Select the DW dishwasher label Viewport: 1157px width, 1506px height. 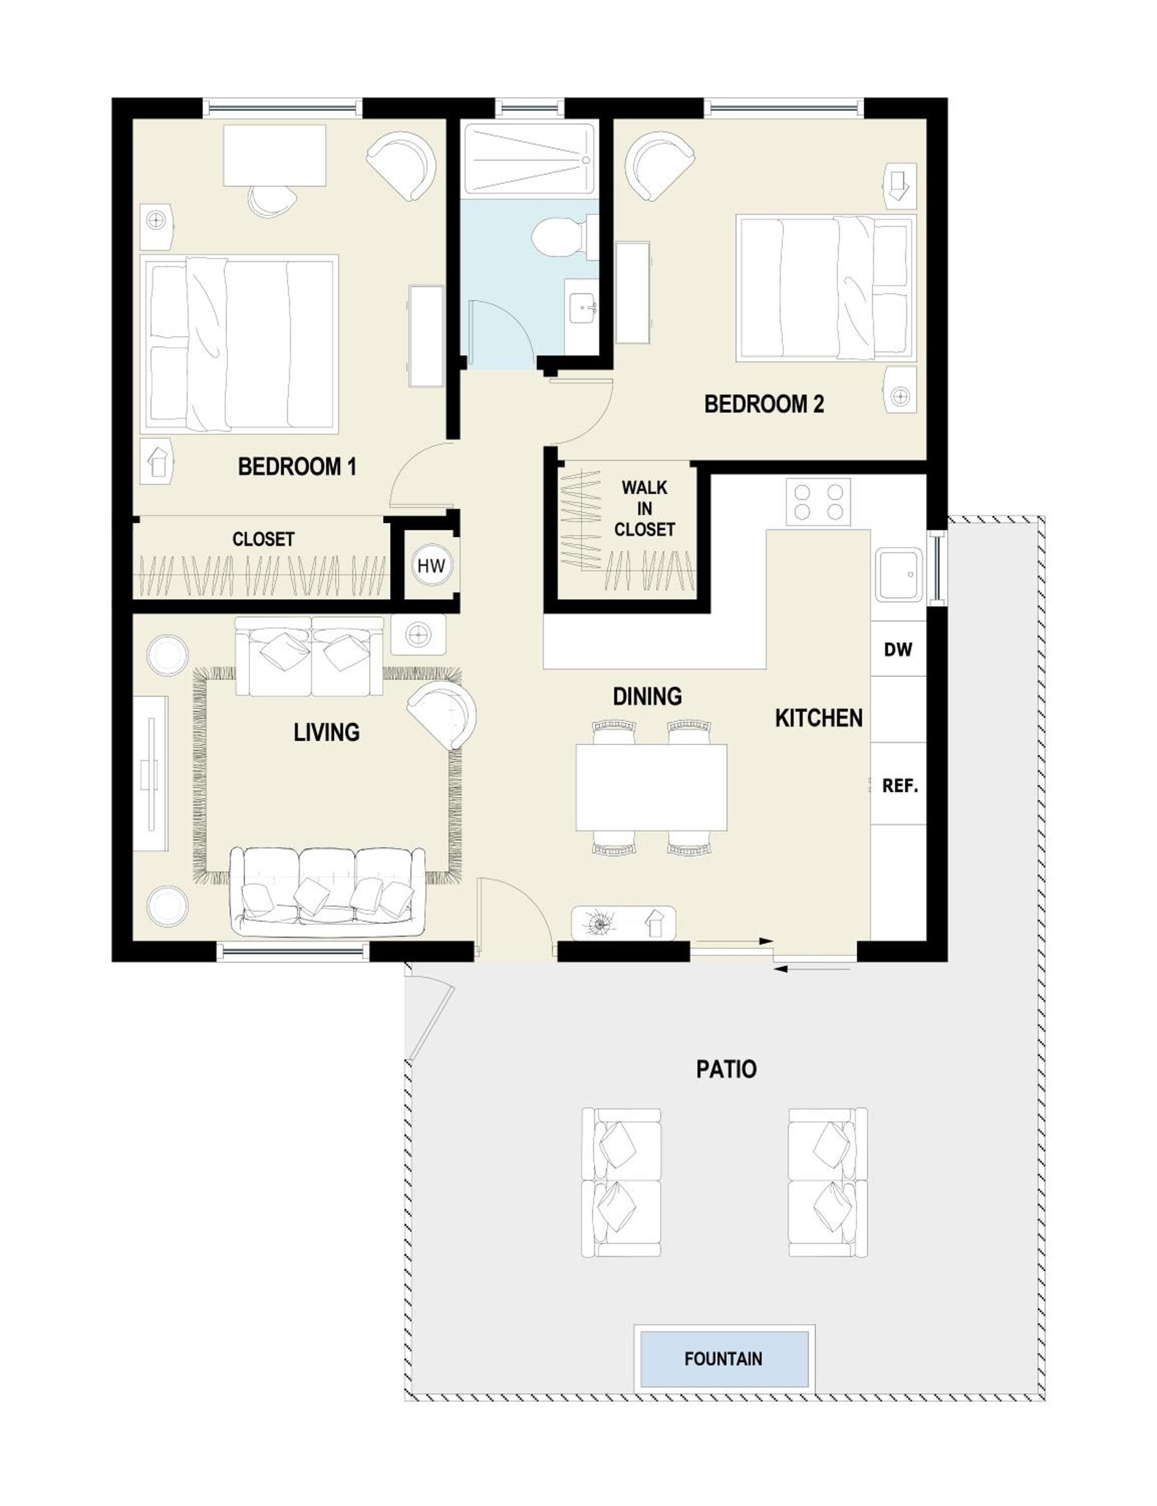click(898, 649)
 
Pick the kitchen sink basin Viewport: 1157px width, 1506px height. click(899, 575)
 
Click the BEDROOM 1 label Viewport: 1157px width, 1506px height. click(297, 466)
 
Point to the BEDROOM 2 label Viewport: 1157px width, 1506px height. click(764, 404)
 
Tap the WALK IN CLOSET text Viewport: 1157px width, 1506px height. click(645, 509)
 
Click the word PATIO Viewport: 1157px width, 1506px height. click(726, 1069)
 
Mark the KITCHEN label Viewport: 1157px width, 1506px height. click(819, 718)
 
